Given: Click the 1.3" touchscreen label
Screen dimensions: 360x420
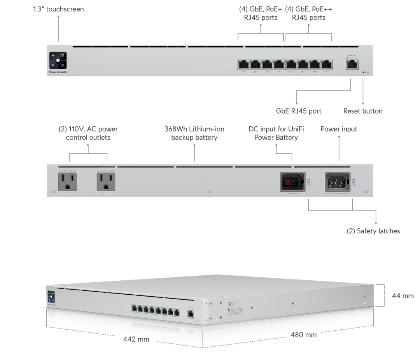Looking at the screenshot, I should (x=58, y=9).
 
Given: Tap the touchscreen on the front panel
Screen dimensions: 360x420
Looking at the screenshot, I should (x=58, y=61).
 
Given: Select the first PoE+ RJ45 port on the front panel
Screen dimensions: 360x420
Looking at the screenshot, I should (x=244, y=64).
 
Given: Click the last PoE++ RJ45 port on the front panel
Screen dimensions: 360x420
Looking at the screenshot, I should (x=326, y=64).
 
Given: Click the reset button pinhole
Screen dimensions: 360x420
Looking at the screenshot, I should (x=363, y=72).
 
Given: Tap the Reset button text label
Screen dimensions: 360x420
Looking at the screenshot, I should (x=363, y=111).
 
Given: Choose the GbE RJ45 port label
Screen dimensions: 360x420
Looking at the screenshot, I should (x=299, y=111).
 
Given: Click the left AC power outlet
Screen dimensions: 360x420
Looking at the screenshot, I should (x=67, y=182).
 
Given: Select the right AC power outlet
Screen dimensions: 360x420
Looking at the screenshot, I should (x=106, y=182).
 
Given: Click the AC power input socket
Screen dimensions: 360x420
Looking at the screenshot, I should (x=337, y=182).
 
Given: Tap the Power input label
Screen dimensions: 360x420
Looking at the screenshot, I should (x=339, y=129).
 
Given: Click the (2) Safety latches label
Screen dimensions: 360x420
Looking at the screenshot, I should (x=373, y=231).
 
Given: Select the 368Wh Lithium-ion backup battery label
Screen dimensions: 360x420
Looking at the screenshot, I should (x=194, y=133).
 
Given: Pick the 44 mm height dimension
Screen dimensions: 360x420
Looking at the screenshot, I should (x=402, y=296).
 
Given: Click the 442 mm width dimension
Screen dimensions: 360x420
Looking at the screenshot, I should (x=136, y=339).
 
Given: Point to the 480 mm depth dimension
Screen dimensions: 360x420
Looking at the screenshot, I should (x=303, y=335).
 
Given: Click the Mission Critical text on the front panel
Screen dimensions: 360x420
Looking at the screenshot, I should (x=56, y=72).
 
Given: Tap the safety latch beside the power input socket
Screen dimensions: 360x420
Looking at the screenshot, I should (x=355, y=182).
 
